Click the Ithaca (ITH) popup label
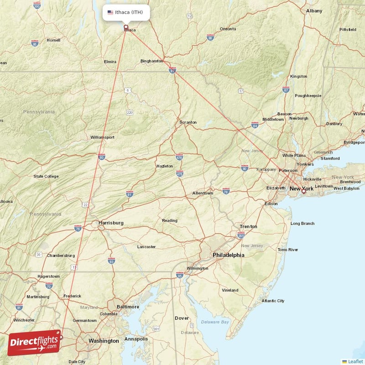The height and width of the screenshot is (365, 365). click(x=126, y=12)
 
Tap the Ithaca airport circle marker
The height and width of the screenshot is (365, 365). click(x=126, y=27)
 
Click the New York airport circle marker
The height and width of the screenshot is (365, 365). click(x=303, y=192)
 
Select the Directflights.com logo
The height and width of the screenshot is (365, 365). click(x=34, y=343)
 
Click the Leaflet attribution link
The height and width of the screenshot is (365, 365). click(x=355, y=361)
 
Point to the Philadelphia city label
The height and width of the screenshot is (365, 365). click(x=228, y=255)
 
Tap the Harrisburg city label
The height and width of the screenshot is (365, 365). click(x=111, y=223)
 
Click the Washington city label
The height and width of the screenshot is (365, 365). click(x=104, y=341)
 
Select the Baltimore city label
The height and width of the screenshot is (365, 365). click(x=128, y=307)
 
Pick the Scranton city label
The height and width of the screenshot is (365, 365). click(x=188, y=122)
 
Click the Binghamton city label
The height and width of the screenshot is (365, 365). click(x=152, y=61)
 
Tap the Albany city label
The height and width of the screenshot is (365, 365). click(x=314, y=10)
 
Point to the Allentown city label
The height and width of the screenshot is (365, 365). click(x=203, y=193)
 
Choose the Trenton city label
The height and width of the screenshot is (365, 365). click(x=249, y=226)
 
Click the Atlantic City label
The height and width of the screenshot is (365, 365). click(x=273, y=301)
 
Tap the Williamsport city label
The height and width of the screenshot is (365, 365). click(x=102, y=137)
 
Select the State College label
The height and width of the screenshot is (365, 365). click(x=46, y=176)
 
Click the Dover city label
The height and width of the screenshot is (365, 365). click(x=182, y=318)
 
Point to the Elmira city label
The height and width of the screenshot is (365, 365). click(x=110, y=61)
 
